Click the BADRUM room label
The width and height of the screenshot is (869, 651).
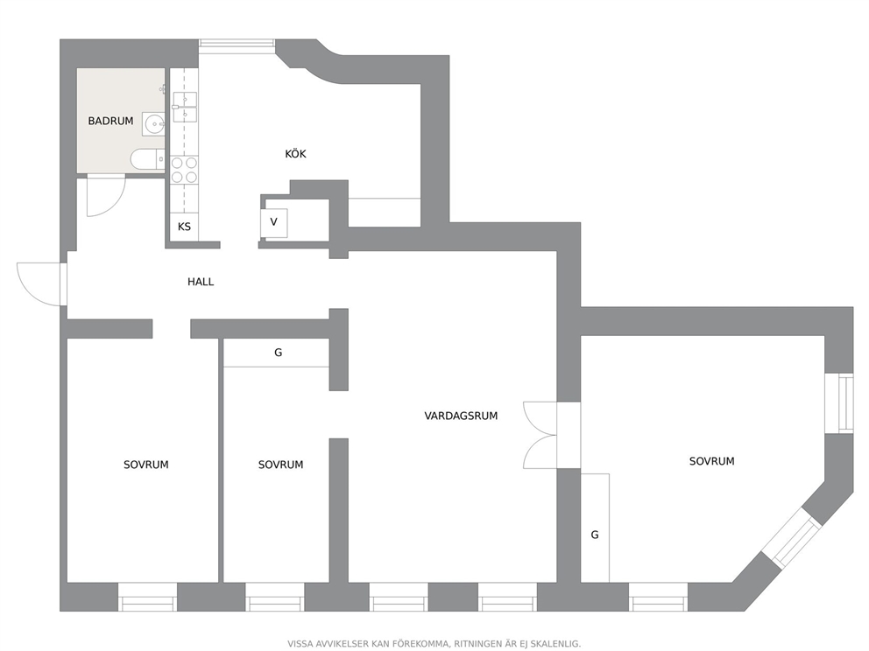(111, 121)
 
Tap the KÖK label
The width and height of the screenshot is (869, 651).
(295, 154)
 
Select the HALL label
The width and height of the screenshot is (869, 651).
(201, 282)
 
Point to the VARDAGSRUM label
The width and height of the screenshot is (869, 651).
(461, 416)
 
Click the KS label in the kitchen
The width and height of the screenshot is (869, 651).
(184, 227)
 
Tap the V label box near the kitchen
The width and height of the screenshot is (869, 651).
(274, 222)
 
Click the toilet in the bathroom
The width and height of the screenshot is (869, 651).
(147, 159)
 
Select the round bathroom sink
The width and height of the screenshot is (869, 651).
(153, 124)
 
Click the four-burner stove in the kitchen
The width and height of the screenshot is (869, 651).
(184, 170)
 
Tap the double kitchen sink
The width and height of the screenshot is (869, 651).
(185, 107)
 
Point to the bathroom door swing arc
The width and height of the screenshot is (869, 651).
(106, 195)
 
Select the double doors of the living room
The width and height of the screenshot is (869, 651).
(540, 435)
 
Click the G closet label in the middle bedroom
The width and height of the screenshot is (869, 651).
(279, 353)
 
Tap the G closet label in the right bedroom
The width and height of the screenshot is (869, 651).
(595, 535)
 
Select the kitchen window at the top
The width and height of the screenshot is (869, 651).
(237, 46)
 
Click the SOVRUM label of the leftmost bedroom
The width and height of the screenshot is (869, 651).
(145, 465)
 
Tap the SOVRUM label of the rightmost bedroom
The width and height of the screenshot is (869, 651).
(711, 461)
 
